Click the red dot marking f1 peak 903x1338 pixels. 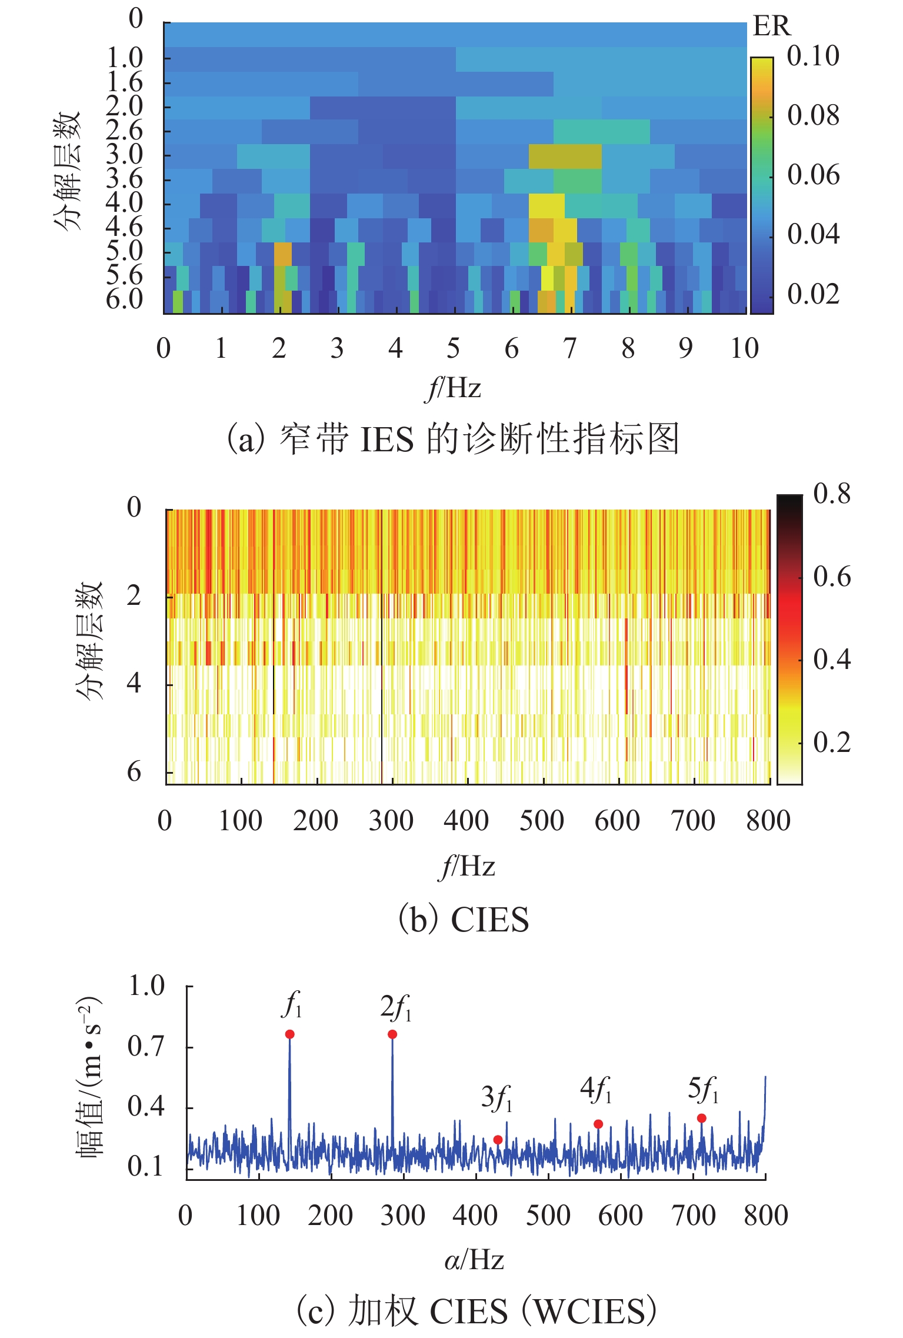pos(289,1034)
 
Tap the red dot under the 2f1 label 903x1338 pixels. pos(392,1034)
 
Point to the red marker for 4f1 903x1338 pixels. pos(598,1124)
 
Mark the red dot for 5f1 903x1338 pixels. pos(701,1118)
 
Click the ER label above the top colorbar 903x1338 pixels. pos(771,26)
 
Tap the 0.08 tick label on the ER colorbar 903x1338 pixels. pos(813,115)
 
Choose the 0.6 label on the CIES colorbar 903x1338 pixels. pos(831,577)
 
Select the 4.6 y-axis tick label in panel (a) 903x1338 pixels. pos(124,227)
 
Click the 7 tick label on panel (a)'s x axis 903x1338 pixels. pos(569,348)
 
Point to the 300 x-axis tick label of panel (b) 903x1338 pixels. pos(391,820)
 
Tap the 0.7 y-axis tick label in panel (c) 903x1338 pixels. pos(146,1047)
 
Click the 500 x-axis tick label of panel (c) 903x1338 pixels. pos(548,1215)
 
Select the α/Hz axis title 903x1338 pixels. pos(474,1260)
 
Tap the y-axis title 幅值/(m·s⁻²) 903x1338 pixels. pos(90,1077)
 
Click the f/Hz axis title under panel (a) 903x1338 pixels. pos(453,388)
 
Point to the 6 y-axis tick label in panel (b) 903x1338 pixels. pos(134,771)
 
